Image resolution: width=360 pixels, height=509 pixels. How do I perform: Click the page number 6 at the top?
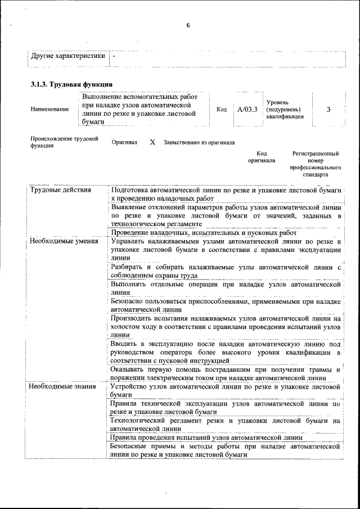(x=188, y=25)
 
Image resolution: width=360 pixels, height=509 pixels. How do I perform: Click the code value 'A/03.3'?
(x=247, y=109)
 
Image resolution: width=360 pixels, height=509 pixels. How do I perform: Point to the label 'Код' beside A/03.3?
(x=222, y=109)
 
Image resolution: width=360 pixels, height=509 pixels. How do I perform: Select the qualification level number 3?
(x=328, y=109)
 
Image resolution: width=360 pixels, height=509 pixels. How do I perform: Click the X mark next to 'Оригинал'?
(x=152, y=143)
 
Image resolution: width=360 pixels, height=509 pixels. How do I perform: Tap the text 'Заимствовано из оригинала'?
(x=199, y=143)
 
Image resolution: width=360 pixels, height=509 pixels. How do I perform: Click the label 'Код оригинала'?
(x=262, y=157)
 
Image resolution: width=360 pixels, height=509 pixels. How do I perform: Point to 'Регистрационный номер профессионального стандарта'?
(x=316, y=164)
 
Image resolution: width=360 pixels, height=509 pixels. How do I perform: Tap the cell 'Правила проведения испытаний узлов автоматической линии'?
(x=206, y=437)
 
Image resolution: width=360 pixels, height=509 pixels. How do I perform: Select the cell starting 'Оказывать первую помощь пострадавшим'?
(x=226, y=373)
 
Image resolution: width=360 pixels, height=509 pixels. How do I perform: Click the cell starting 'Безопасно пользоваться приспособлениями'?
(x=226, y=305)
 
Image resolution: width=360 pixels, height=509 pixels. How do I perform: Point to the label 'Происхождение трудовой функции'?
(x=64, y=142)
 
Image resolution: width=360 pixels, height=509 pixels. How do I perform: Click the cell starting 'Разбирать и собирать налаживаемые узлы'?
(x=226, y=271)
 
